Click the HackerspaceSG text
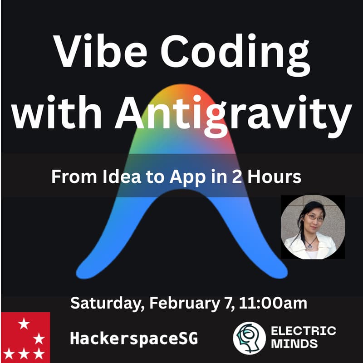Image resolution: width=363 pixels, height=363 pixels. pos(134,338)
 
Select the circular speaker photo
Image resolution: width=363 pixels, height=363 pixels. pos(309,227)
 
